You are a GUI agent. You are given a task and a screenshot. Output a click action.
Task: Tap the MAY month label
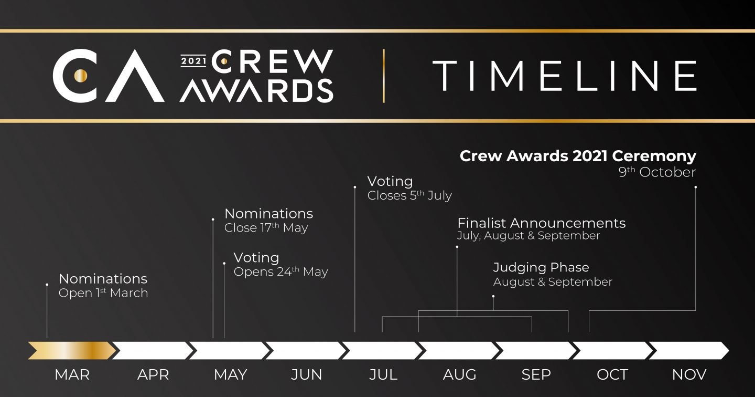231,375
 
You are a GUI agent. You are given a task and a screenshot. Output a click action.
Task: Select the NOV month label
689,375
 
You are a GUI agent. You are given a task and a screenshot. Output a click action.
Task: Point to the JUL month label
383,375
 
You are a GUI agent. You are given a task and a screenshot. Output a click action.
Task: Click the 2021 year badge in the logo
193,61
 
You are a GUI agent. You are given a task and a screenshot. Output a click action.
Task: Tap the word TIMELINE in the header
565,76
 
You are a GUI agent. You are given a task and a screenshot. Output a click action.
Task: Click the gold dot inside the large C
81,76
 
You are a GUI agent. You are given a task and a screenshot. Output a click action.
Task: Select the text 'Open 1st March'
103,292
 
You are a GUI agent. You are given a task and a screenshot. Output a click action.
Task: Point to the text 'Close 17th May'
266,227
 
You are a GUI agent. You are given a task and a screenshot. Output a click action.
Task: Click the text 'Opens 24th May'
281,272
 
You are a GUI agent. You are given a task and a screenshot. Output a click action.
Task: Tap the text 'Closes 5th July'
409,195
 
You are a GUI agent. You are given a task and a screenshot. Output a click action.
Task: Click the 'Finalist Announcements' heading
541,223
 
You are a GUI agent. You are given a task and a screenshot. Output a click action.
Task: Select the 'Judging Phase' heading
541,267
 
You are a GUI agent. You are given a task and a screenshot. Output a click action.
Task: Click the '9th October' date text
657,172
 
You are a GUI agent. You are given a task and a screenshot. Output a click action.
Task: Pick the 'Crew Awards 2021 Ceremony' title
578,156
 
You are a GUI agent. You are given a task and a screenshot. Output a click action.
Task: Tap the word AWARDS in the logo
256,90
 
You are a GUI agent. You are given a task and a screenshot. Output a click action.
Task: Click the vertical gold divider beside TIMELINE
384,76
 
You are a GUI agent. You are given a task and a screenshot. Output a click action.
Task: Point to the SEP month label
536,375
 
